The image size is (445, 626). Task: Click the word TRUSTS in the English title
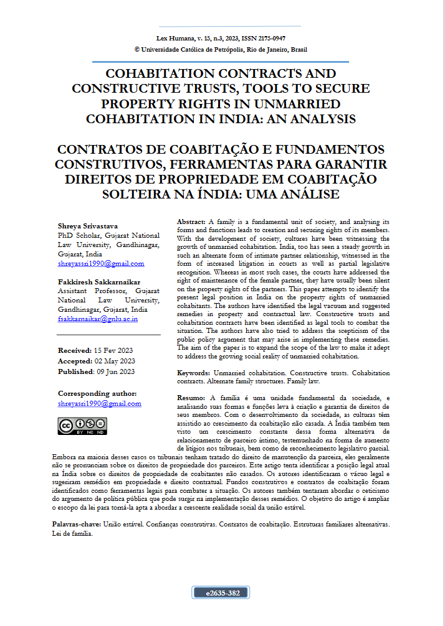point(202,88)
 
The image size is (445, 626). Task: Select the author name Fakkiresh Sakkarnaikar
point(98,282)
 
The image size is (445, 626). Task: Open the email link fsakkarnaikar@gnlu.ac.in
point(98,319)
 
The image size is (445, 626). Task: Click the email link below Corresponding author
point(100,403)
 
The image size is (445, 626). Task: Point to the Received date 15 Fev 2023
point(113,350)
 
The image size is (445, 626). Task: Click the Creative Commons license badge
point(82,426)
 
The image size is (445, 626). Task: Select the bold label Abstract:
point(191,222)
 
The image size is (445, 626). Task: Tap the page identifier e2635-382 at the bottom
point(222,593)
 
